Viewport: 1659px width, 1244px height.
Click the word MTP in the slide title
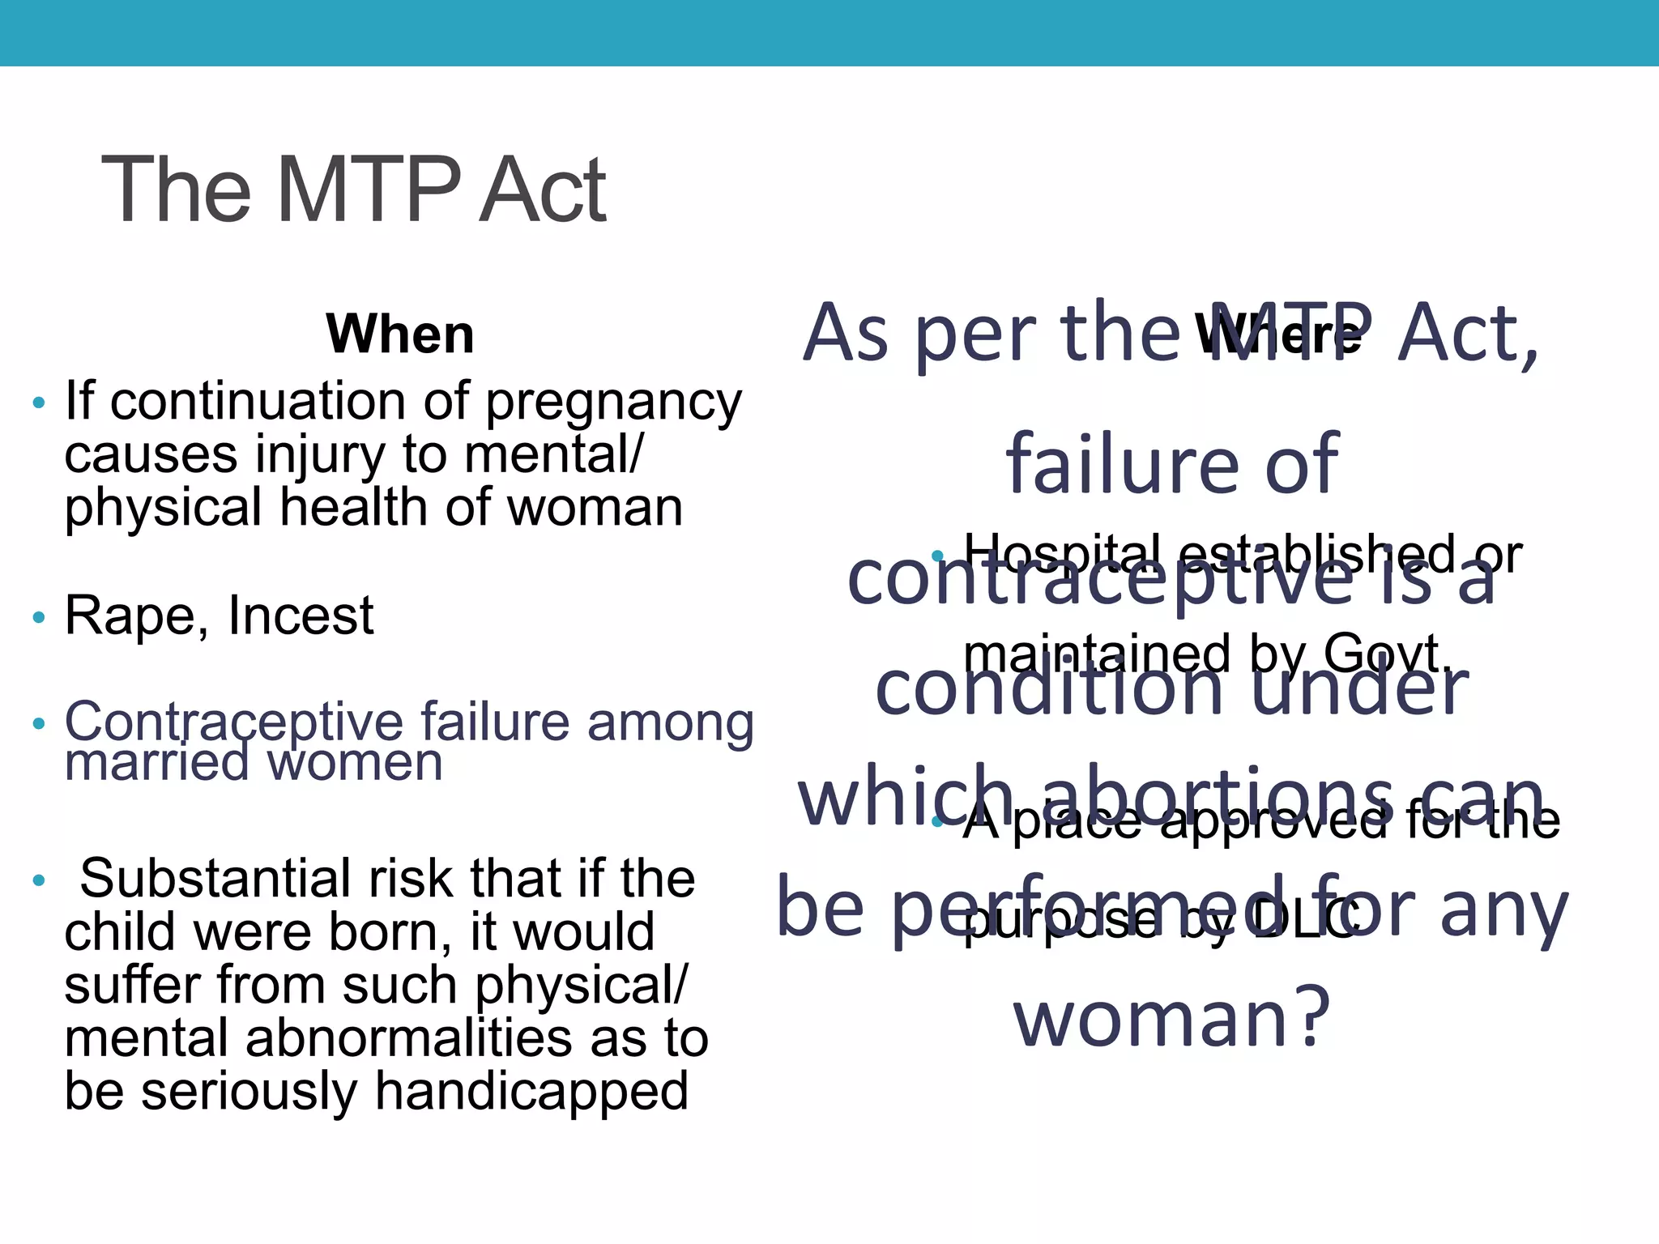(x=369, y=191)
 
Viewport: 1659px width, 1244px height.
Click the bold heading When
(x=400, y=334)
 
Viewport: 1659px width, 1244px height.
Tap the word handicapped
(x=531, y=1092)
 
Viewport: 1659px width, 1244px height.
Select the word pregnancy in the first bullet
(x=613, y=403)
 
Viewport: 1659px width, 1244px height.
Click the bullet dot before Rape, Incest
(x=39, y=619)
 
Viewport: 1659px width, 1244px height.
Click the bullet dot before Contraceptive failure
(x=39, y=724)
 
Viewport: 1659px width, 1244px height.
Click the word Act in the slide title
(x=543, y=191)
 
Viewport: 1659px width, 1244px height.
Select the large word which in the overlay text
(x=906, y=798)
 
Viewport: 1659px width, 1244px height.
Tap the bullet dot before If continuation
(x=39, y=403)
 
